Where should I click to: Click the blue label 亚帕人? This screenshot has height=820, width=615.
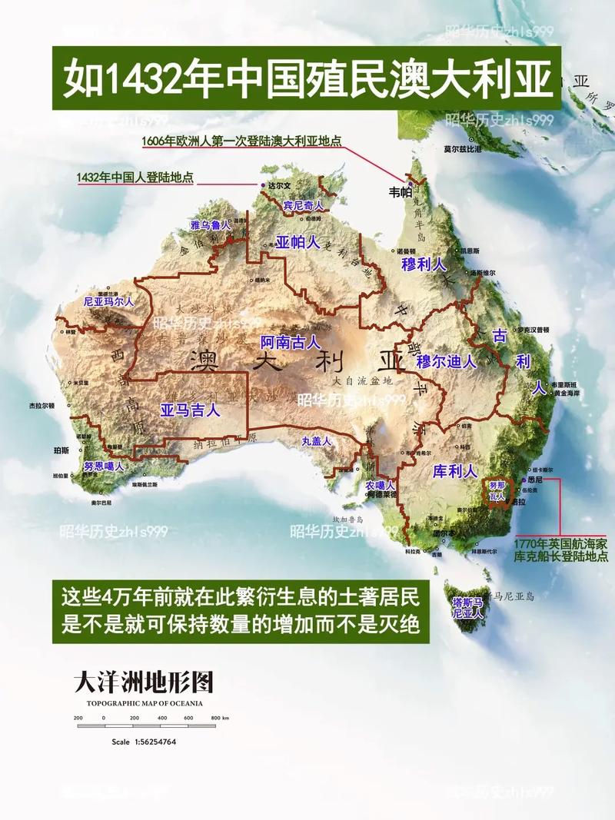click(x=298, y=243)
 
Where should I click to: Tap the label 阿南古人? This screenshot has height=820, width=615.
click(x=290, y=342)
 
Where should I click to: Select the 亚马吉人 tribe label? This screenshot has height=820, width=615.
click(x=190, y=410)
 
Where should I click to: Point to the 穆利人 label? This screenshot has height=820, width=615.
click(x=424, y=264)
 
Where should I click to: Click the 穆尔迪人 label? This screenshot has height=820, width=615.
click(x=446, y=360)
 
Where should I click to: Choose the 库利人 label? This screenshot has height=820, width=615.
click(x=455, y=470)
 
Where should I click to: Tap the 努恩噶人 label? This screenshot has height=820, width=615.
click(x=103, y=466)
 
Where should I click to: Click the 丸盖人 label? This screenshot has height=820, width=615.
click(x=316, y=441)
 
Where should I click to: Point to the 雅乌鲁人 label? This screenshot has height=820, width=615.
click(x=211, y=225)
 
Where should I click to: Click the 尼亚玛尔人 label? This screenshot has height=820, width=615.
click(x=108, y=301)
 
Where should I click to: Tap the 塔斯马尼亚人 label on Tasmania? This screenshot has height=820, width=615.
click(x=467, y=607)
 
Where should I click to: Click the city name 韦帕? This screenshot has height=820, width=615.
click(x=401, y=192)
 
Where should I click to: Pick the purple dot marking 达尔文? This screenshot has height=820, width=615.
click(x=261, y=185)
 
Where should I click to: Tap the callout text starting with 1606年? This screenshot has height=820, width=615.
click(x=241, y=141)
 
